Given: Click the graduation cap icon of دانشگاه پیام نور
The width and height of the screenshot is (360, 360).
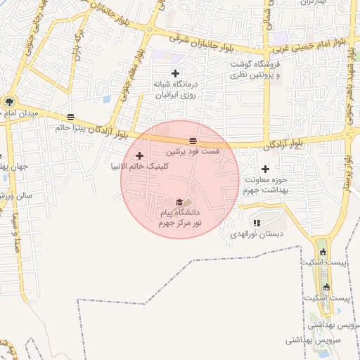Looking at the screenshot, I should [178, 202].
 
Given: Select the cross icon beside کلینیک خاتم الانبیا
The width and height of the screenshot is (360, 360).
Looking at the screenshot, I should [139, 155].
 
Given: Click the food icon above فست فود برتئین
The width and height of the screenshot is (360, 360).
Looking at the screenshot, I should [193, 141].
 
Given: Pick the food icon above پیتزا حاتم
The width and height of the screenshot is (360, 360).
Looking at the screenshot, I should [70, 117].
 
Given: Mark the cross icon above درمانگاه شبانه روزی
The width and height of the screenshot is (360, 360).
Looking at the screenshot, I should [175, 73].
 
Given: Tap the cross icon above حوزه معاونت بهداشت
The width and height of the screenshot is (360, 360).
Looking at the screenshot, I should [265, 169].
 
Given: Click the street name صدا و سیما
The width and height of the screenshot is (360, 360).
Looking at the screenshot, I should [15, 233].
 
